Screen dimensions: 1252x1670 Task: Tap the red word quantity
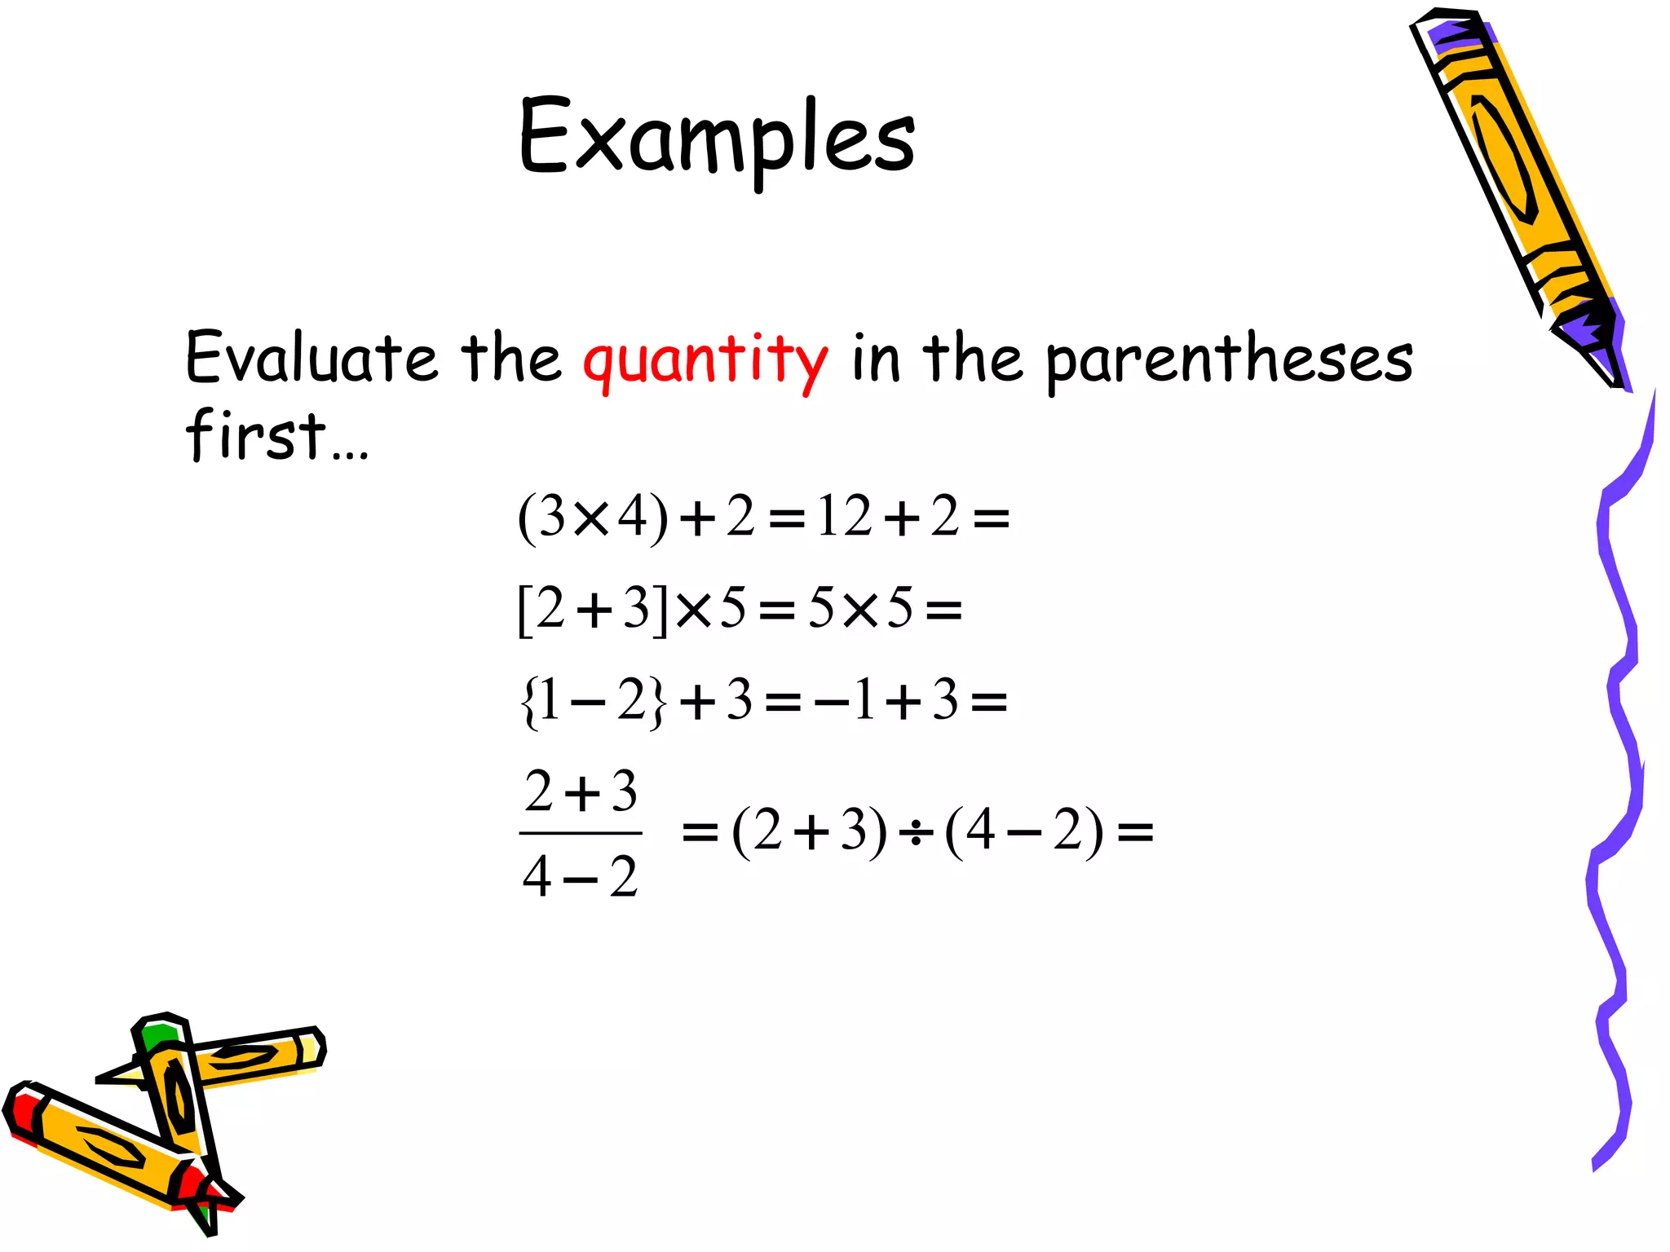(x=705, y=360)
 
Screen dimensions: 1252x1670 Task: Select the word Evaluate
(x=311, y=359)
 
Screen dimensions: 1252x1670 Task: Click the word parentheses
(x=1229, y=360)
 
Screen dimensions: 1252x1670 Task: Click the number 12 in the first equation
(x=845, y=517)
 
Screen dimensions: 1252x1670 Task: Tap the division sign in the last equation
(x=916, y=833)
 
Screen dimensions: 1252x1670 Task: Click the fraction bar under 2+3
(x=581, y=833)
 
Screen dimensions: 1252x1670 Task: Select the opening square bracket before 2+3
(x=524, y=611)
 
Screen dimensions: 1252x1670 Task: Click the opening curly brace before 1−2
(x=528, y=702)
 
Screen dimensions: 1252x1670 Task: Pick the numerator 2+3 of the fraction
(x=581, y=791)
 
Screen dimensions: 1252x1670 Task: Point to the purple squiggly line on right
(x=1619, y=782)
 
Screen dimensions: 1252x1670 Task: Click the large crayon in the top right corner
(x=1517, y=187)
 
